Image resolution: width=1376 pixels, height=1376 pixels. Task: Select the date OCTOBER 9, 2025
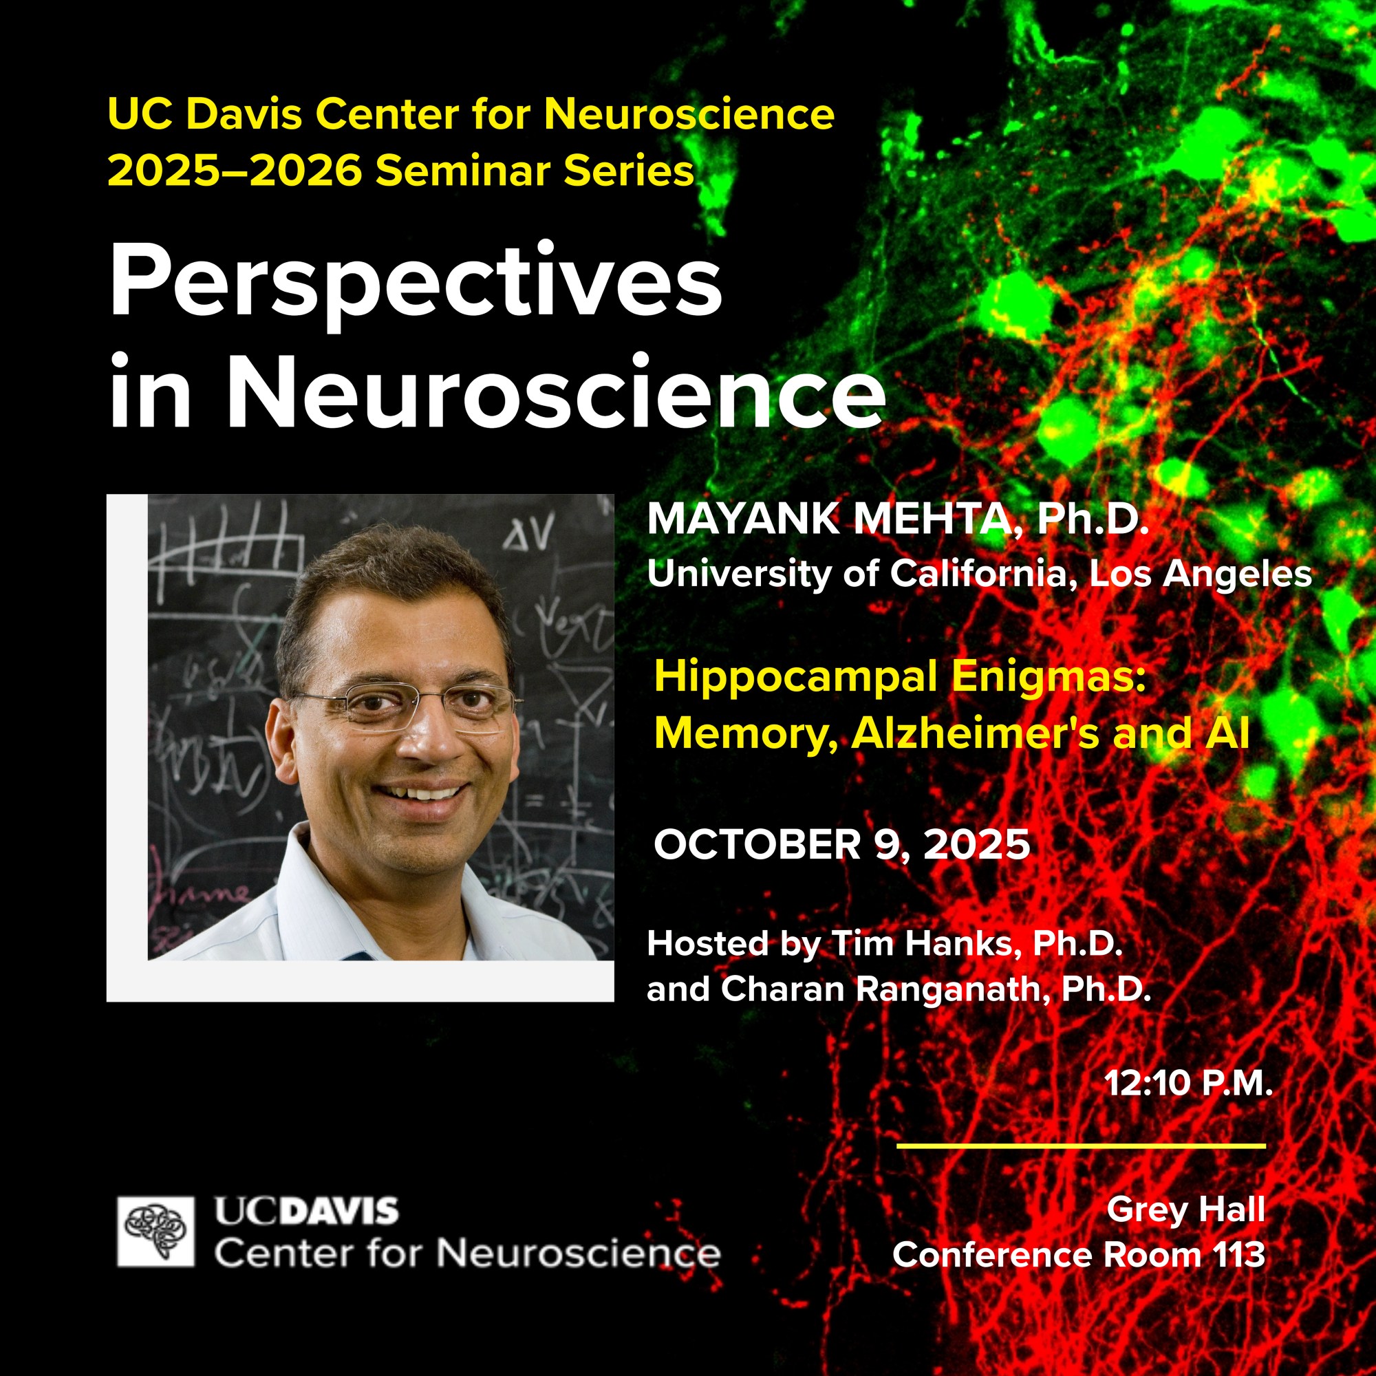842,845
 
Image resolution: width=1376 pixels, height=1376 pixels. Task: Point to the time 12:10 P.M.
1188,1084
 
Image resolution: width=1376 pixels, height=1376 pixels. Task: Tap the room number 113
1240,1255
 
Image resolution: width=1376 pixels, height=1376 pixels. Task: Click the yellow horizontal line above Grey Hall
1081,1146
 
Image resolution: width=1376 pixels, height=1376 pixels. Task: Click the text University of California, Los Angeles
979,574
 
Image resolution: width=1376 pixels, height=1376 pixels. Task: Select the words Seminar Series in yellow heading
535,171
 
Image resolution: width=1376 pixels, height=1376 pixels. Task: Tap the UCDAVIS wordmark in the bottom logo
307,1212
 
